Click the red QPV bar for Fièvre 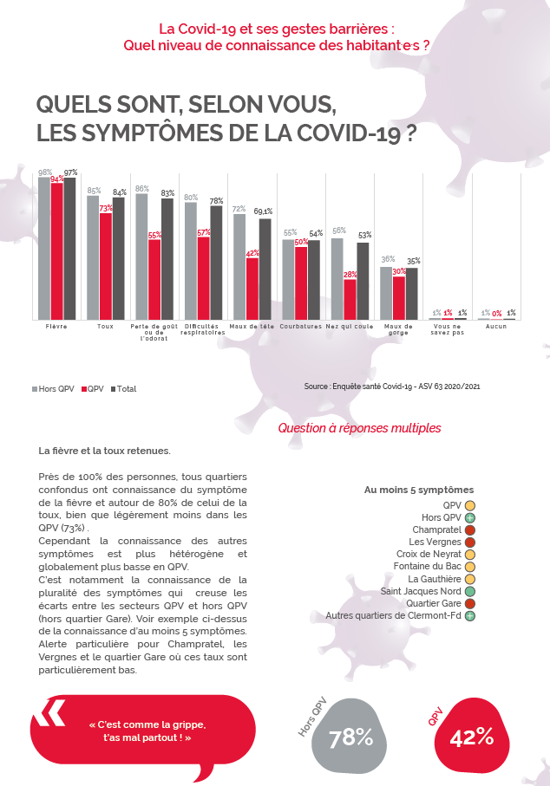click(x=56, y=251)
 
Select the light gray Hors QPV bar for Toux click(x=93, y=257)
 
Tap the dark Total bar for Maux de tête click(x=265, y=270)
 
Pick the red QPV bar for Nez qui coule click(x=350, y=299)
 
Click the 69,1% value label click(x=263, y=211)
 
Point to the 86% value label click(x=142, y=189)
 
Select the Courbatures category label click(x=301, y=327)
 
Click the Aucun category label click(x=496, y=327)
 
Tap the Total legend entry click(x=123, y=389)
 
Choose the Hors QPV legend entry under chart click(x=53, y=389)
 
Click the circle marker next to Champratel click(x=469, y=529)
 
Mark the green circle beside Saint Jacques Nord click(x=469, y=592)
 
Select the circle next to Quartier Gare click(x=469, y=603)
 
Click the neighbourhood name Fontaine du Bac click(x=427, y=567)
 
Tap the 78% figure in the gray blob click(x=350, y=737)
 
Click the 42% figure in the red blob click(x=472, y=737)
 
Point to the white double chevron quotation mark click(x=49, y=713)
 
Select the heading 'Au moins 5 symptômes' click(x=419, y=490)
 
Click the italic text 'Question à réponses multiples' click(x=359, y=428)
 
